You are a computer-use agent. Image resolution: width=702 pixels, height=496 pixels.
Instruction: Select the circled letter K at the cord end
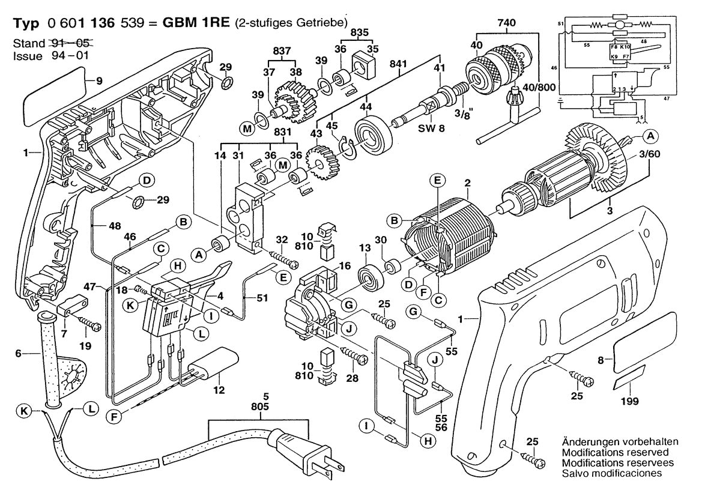[24, 411]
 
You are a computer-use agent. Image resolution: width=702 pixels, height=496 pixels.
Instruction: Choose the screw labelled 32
[283, 260]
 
